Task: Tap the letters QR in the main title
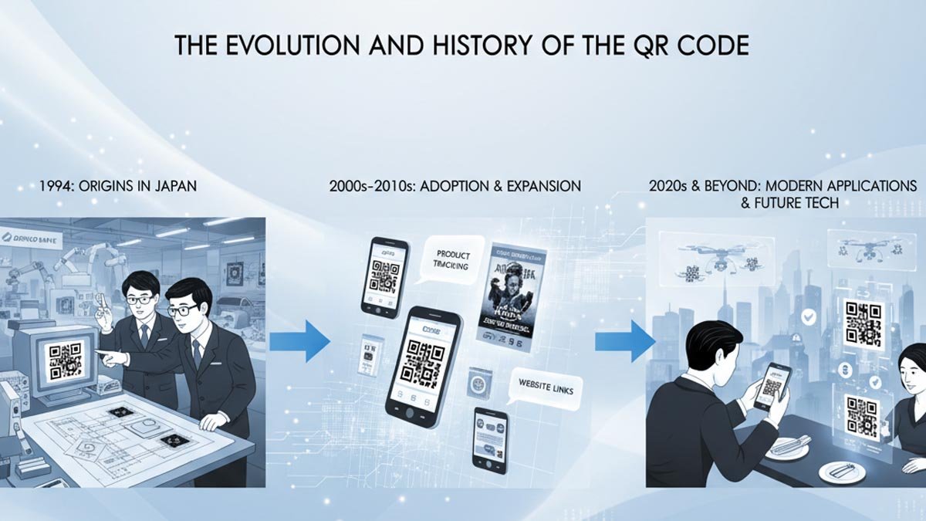(x=630, y=45)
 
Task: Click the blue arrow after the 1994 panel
(x=300, y=340)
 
